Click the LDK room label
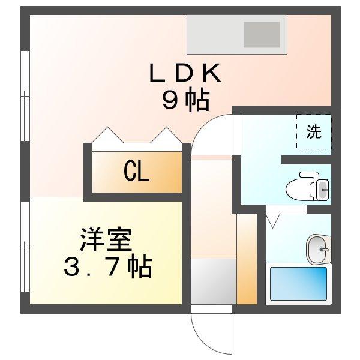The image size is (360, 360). point(185,75)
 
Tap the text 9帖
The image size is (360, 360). point(185,101)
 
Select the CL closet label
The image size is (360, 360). point(136,172)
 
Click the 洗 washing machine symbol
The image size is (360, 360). point(314,132)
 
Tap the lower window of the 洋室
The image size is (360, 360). point(25,253)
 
